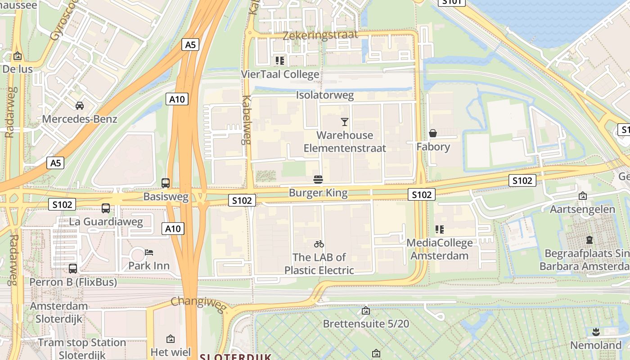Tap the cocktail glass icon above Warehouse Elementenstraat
[x=345, y=121]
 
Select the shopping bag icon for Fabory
[x=433, y=133]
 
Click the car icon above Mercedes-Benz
[x=80, y=106]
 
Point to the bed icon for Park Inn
[x=149, y=252]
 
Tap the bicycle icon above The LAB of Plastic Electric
[x=319, y=244]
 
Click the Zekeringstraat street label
[x=320, y=35]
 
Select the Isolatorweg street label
[x=325, y=95]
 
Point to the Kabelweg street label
[x=246, y=120]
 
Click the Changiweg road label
[x=198, y=303]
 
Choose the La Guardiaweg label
[x=106, y=221]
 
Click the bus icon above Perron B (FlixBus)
[x=73, y=269]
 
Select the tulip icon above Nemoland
[x=596, y=333]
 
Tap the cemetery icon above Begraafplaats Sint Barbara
[x=589, y=240]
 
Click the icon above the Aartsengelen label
[x=583, y=196]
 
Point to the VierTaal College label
[x=280, y=74]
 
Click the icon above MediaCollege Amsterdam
[x=440, y=229]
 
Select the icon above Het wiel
[x=171, y=339]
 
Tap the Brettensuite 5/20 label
[x=366, y=324]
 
